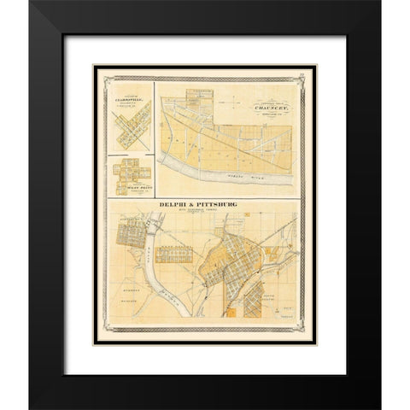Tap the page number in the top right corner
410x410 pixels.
point(302,78)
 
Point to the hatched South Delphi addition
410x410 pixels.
point(254,301)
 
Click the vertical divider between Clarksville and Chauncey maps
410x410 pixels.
point(155,120)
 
